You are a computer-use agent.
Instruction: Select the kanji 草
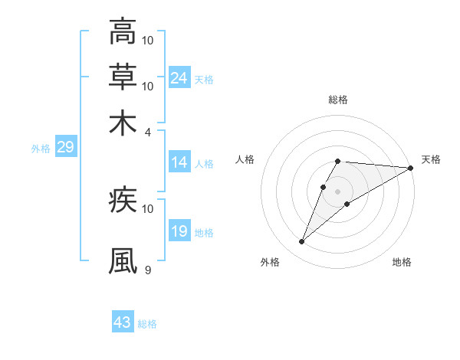coord(123,77)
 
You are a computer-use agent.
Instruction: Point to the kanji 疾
coord(123,201)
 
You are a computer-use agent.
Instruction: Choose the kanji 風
coord(123,261)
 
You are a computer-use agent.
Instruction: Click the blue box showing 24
coord(179,78)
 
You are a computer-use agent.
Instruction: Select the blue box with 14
coord(179,162)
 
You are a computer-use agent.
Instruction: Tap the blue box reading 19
coord(179,231)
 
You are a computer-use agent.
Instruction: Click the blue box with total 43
coord(123,322)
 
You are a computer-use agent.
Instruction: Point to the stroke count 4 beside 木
coord(148,132)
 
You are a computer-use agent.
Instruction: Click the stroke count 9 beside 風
coord(148,270)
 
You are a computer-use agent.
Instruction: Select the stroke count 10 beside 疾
coord(148,208)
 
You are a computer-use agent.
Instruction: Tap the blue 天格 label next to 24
coord(204,80)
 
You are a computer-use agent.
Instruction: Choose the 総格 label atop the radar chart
coord(338,100)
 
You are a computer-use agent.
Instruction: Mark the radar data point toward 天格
coord(411,169)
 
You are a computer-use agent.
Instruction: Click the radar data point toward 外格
coord(302,242)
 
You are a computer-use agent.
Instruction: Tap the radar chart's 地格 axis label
coord(402,263)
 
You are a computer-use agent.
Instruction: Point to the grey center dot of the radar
coord(338,191)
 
